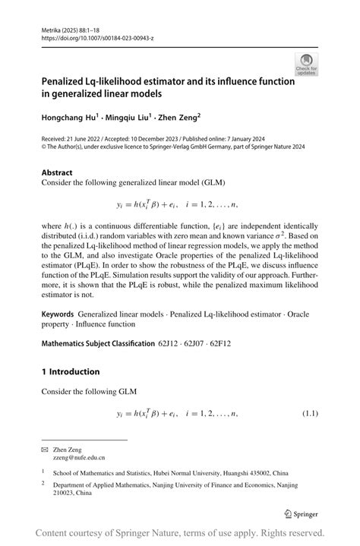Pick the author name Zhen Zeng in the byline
(178, 118)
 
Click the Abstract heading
(57, 172)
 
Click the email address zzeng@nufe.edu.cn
(78, 458)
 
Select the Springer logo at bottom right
(301, 514)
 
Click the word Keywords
(58, 314)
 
